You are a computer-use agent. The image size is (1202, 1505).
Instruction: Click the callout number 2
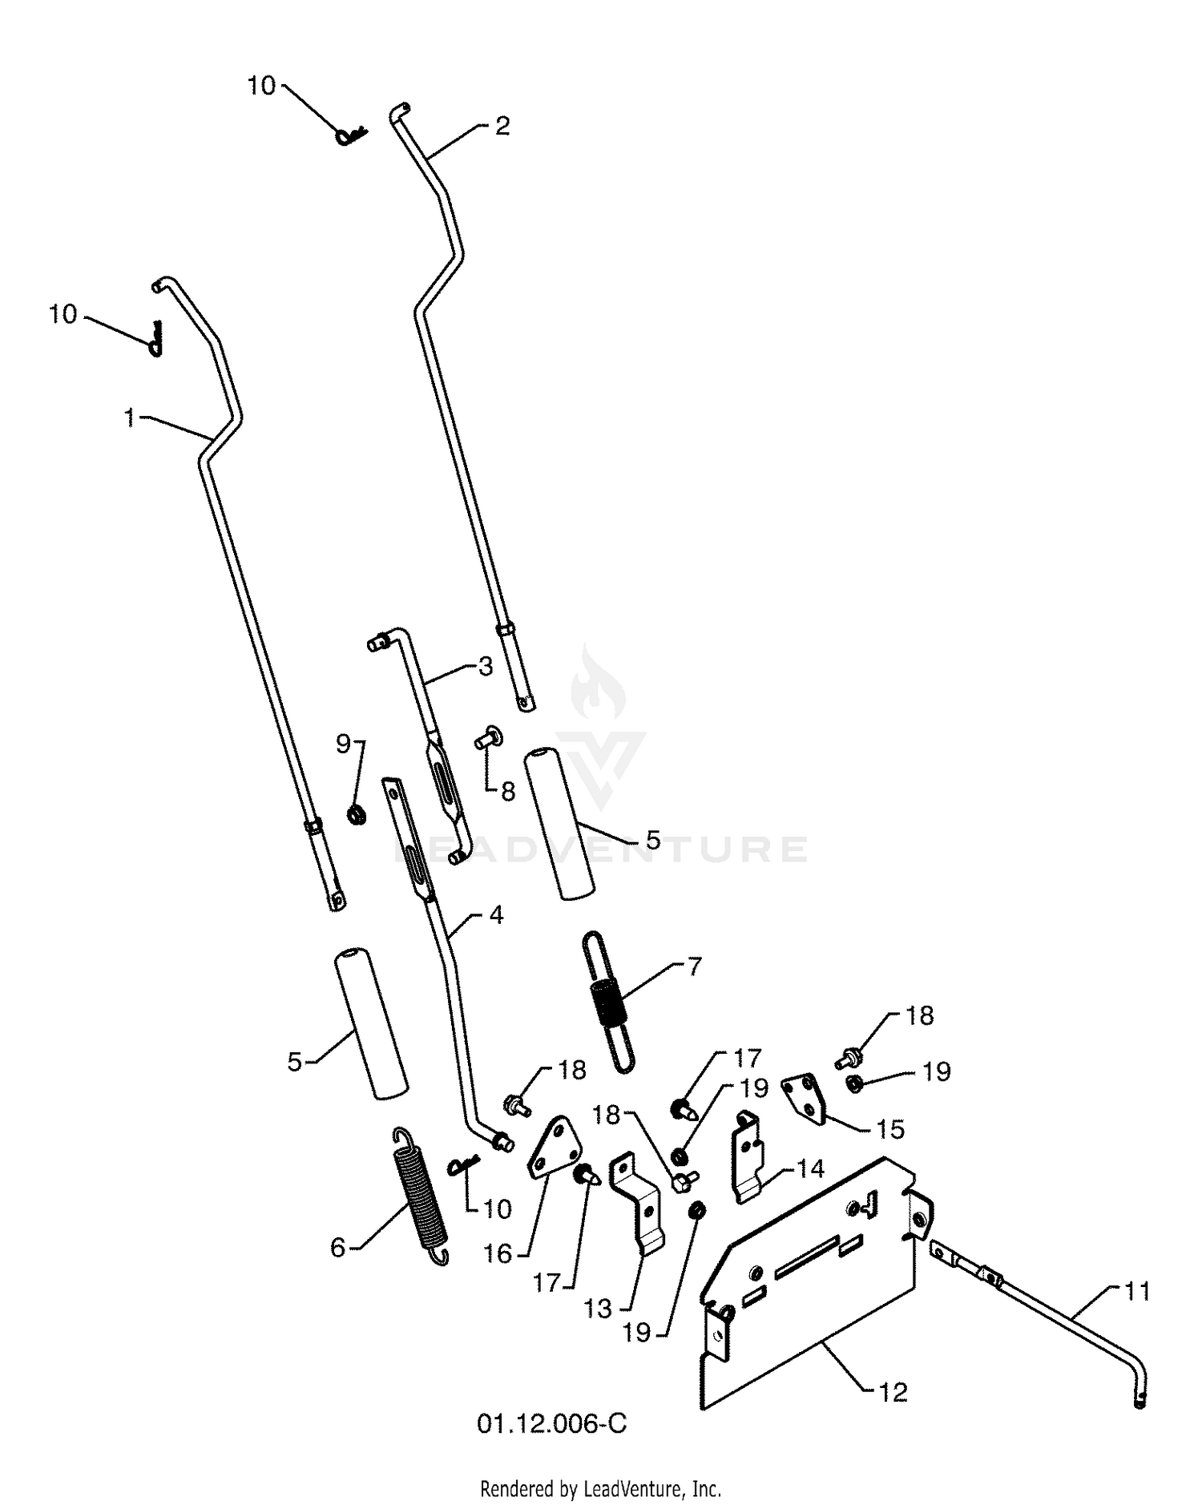pos(502,126)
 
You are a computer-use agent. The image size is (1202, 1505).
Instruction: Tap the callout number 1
pos(130,418)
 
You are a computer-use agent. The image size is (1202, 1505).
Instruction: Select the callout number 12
pos(892,1392)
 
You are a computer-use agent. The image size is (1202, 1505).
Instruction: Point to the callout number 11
pos(1136,1291)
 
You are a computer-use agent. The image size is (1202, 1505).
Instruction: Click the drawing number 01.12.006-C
pos(552,1423)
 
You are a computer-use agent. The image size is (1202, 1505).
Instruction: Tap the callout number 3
pos(486,667)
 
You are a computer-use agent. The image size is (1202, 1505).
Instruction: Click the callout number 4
pos(496,914)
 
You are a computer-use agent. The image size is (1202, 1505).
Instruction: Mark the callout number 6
pos(338,1248)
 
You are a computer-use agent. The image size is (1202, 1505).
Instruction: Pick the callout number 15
pos(890,1129)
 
